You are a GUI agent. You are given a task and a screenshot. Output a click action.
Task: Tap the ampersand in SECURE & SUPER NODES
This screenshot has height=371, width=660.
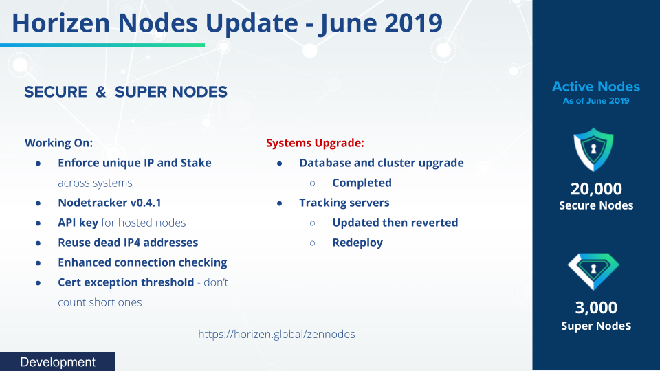[x=101, y=91]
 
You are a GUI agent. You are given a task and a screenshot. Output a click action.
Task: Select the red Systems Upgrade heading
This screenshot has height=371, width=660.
[x=315, y=143]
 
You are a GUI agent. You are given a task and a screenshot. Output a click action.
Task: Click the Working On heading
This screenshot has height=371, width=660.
[x=59, y=143]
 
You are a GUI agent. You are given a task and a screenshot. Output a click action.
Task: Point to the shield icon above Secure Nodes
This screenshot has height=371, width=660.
[x=593, y=149]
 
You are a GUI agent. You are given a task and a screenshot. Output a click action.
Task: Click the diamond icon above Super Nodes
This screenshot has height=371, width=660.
[x=593, y=271]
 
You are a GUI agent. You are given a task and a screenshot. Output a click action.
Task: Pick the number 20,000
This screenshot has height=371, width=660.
[x=596, y=189]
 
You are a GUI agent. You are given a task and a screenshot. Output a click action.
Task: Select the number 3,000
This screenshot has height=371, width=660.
[x=596, y=308]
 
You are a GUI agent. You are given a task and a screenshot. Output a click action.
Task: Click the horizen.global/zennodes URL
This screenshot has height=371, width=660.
[x=276, y=334]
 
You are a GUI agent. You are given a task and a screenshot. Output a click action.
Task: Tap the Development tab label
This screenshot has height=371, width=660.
[x=58, y=362]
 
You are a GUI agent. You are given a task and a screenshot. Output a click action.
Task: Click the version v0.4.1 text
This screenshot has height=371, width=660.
[x=146, y=203]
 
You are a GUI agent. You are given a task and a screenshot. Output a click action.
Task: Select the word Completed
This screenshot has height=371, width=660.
[x=362, y=183]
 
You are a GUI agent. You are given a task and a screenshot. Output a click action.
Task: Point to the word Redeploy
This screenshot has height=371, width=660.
[x=357, y=243]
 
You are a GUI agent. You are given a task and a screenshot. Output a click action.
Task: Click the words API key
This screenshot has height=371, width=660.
[x=78, y=223]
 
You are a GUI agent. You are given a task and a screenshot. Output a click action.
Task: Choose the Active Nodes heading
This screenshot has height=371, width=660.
[x=596, y=87]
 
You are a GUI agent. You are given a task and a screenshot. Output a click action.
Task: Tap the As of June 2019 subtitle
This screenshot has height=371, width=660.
[x=596, y=100]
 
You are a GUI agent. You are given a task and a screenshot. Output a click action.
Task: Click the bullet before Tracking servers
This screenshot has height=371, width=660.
[x=280, y=203]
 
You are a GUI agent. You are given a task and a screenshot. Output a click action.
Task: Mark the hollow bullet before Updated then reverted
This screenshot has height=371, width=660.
[x=312, y=223]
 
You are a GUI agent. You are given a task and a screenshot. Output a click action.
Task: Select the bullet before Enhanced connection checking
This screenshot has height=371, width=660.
[x=38, y=263]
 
